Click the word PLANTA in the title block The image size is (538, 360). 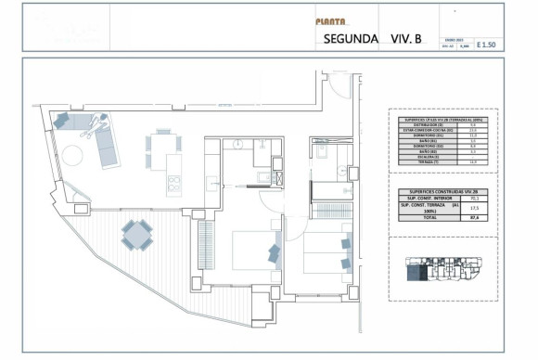coord(331,21)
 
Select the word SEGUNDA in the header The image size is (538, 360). coord(351,39)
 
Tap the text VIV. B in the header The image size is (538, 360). coord(405,39)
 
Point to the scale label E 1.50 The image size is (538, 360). coord(486,44)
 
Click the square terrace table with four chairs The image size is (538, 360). coord(136,235)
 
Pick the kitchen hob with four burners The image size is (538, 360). coord(173,184)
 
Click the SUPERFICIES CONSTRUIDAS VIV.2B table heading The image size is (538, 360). coord(442,189)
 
